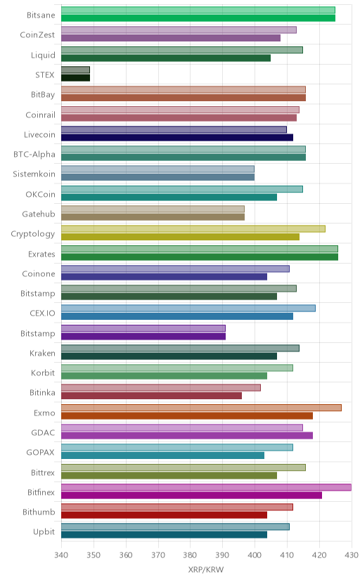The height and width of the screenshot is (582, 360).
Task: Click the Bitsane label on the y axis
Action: tap(41, 15)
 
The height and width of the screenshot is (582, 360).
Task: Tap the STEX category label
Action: tap(45, 75)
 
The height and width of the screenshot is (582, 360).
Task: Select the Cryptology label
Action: tap(32, 234)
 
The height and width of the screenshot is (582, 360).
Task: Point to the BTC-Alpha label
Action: tap(34, 155)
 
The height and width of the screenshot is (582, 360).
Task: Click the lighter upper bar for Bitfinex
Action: tap(206, 487)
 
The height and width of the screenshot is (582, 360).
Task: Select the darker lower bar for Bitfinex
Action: tap(191, 495)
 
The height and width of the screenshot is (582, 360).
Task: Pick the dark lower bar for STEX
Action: tap(75, 77)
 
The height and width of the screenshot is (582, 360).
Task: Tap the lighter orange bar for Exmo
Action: tap(201, 408)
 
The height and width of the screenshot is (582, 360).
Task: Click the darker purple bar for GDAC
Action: tap(187, 435)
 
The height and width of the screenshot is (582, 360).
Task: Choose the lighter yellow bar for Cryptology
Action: tap(193, 228)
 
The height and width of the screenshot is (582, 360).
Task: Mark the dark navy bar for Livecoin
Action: tap(177, 137)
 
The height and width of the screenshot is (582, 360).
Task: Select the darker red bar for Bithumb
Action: tap(164, 515)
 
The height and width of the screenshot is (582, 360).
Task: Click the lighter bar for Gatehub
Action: tap(153, 209)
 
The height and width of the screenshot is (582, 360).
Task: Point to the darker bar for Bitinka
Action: tap(151, 396)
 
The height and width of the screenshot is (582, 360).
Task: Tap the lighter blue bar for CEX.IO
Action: tap(188, 308)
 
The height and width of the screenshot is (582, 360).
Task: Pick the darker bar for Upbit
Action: tap(164, 534)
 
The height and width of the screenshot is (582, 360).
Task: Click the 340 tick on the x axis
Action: tap(61, 555)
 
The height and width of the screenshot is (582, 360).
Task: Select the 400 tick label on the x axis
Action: tap(255, 555)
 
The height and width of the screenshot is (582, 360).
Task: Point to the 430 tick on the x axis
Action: tap(352, 555)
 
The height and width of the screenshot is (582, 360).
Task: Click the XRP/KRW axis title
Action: tap(206, 570)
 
